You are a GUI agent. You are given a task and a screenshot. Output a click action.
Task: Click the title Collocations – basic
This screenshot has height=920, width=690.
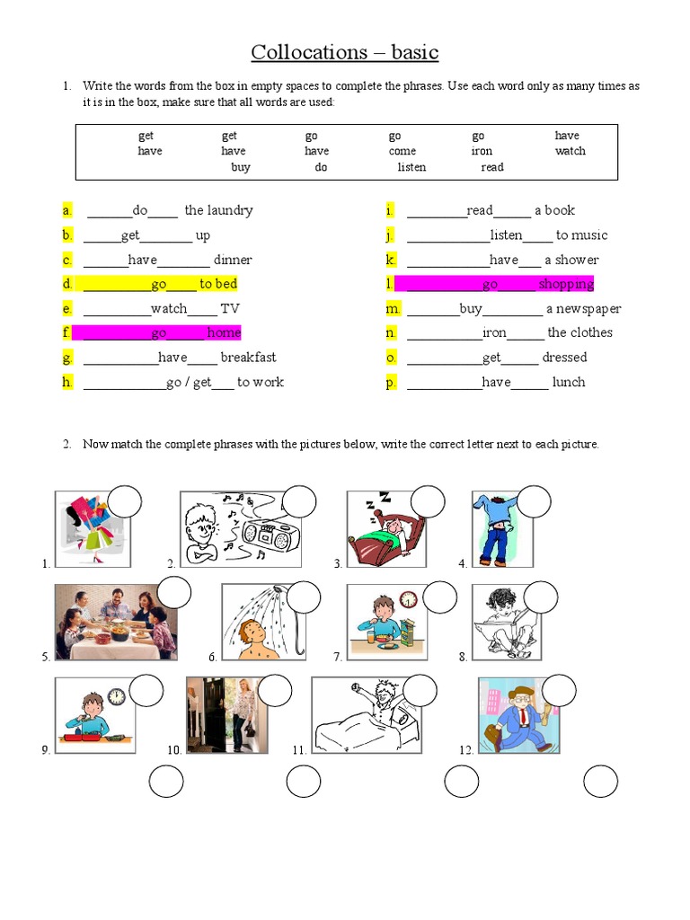tap(345, 52)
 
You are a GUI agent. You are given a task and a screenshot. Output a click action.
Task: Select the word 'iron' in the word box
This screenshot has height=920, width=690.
tap(482, 151)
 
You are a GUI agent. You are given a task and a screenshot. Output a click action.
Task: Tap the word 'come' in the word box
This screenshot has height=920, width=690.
tap(402, 151)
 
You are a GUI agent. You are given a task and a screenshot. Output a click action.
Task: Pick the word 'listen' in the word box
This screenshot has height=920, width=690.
tap(411, 167)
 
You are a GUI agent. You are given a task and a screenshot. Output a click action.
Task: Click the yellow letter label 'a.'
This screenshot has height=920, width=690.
tap(66, 210)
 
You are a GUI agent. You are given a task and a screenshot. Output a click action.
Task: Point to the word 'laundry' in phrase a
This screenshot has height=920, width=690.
tap(231, 210)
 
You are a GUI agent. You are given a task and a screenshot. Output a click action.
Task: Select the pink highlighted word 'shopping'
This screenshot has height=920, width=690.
tap(566, 284)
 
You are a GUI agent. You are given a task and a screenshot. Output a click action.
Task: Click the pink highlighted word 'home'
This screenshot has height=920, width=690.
tap(224, 332)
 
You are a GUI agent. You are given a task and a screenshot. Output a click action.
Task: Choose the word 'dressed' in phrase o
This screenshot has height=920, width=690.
tap(564, 358)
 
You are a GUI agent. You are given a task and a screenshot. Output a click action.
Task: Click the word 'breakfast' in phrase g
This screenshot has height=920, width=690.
tap(248, 358)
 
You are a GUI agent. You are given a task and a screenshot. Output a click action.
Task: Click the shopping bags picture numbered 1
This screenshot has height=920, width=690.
tap(84, 529)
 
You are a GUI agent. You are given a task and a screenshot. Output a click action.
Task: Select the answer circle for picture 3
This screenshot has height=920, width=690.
tap(428, 501)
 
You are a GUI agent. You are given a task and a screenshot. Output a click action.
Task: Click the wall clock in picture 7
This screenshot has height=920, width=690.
tap(409, 599)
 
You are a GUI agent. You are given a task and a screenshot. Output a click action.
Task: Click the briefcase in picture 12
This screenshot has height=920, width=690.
tap(493, 737)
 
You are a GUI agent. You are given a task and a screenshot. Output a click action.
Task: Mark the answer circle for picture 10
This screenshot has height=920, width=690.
tap(276, 690)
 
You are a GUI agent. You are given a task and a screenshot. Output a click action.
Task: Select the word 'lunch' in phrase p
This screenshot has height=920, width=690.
tap(569, 382)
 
